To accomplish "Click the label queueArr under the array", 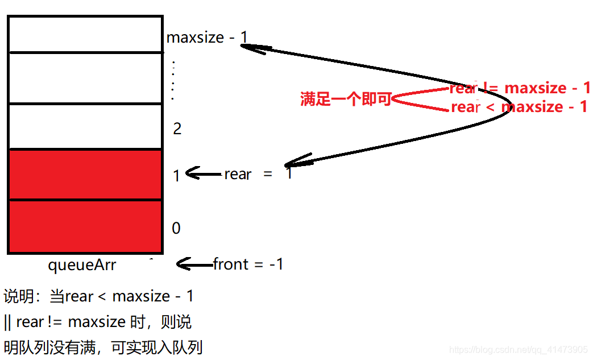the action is (82, 264).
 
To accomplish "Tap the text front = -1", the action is (248, 264).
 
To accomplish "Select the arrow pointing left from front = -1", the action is (194, 264).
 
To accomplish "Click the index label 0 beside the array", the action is (176, 229).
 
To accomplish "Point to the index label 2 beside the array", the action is (177, 129).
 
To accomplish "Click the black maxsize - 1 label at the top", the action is (207, 38).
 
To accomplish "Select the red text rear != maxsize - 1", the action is (520, 88).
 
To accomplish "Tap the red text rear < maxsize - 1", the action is (519, 107).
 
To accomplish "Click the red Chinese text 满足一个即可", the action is (346, 100).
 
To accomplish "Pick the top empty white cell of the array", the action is (85, 34).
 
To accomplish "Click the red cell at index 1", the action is (85, 175).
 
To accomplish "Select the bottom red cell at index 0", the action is (85, 226).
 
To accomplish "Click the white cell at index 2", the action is (85, 126).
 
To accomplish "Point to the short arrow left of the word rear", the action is (203, 173).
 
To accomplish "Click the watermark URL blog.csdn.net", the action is (518, 349).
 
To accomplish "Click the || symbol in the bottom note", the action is (7, 322).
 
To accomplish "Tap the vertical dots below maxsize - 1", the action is (173, 80).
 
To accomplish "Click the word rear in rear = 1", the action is (238, 174).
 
